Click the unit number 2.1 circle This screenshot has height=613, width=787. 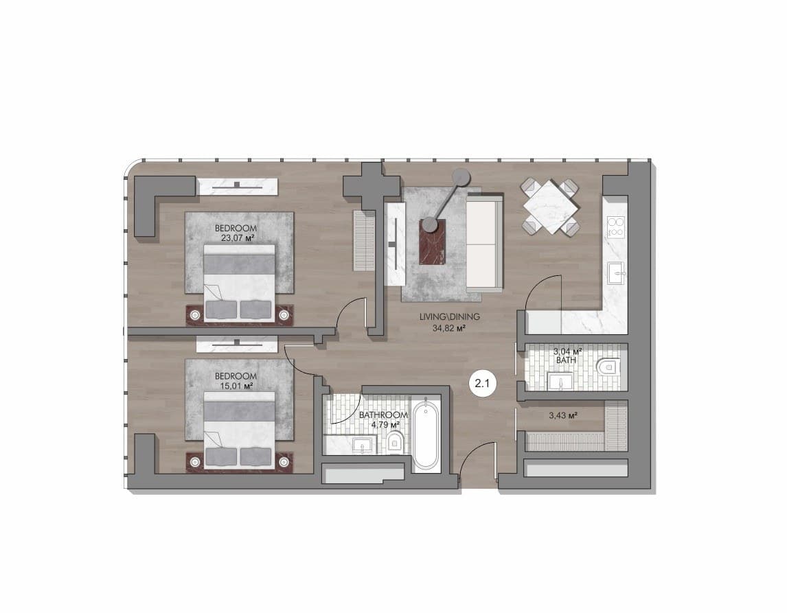[482, 384]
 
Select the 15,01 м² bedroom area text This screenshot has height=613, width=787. [235, 386]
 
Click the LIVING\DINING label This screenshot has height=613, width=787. [450, 316]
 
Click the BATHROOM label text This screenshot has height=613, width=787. [383, 415]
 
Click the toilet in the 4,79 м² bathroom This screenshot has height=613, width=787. [395, 442]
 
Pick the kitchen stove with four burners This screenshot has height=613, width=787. [616, 227]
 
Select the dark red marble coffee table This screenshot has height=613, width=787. [433, 242]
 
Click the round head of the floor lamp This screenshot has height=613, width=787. [460, 177]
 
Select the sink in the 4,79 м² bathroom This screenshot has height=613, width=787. [363, 446]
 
